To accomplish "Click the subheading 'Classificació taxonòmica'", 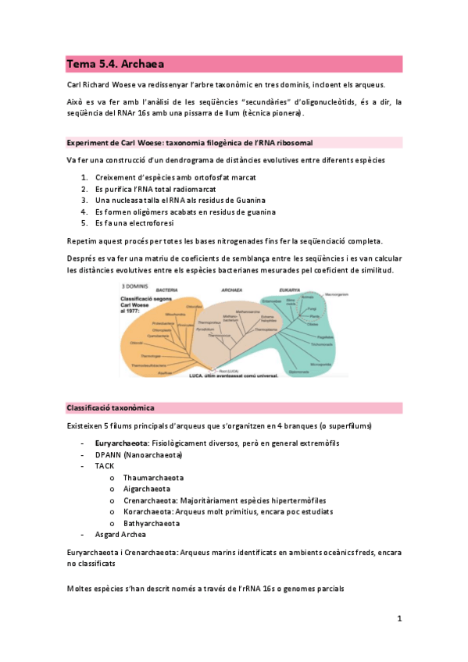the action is point(110,408).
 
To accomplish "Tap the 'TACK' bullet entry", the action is point(105,466).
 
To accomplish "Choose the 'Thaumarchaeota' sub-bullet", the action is point(153,478).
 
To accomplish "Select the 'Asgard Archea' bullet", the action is point(121,535).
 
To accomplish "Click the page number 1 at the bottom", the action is point(398,619).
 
